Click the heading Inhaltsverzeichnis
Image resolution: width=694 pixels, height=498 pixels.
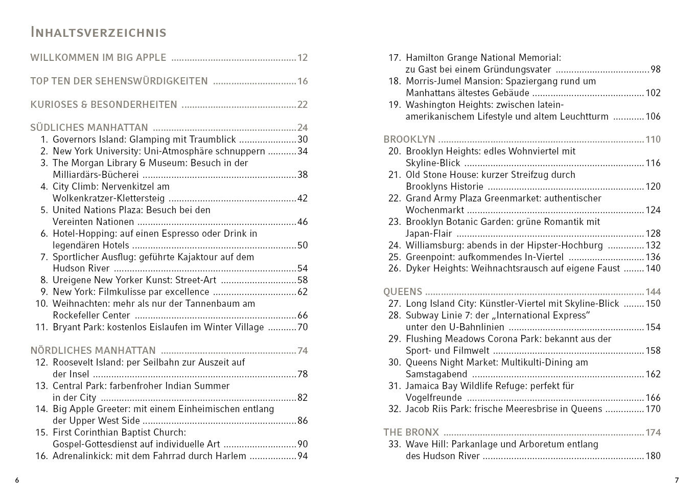pos(98,33)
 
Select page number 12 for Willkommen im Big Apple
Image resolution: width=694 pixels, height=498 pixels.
pos(303,58)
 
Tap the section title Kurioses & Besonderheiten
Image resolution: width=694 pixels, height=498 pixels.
pos(104,105)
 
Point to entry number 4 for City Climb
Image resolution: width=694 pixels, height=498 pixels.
pos(44,187)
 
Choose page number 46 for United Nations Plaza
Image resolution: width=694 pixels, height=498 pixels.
pos(303,222)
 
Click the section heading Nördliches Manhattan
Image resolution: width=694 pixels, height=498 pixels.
pos(93,351)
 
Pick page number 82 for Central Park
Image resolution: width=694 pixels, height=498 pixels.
pos(303,398)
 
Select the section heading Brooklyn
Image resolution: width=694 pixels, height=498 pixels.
pos(409,140)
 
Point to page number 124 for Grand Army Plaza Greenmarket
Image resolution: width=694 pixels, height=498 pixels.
pos(653,210)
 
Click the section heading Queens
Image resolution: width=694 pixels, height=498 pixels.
pos(403,292)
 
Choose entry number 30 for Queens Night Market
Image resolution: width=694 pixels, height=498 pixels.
pos(395,363)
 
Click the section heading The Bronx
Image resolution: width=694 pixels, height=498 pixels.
pos(411,433)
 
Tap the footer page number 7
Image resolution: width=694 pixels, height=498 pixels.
pos(677,480)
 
